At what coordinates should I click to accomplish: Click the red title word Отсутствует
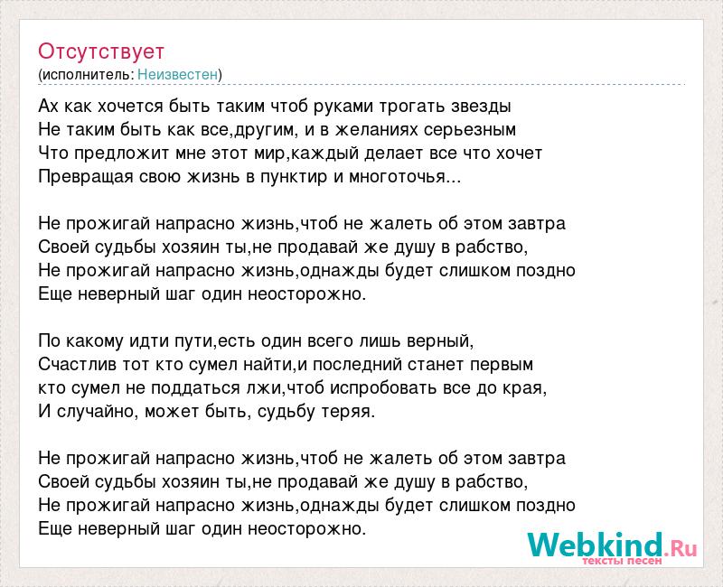click(101, 51)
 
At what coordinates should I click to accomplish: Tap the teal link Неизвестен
click(177, 74)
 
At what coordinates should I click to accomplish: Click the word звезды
click(481, 107)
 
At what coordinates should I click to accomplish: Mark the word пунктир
click(294, 177)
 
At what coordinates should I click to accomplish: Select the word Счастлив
click(78, 365)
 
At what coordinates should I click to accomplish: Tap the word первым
click(502, 365)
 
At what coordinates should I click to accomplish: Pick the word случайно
click(96, 412)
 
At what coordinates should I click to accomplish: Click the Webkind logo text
click(596, 545)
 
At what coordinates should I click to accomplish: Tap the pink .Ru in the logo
click(681, 549)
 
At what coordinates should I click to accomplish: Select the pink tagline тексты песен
click(622, 561)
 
